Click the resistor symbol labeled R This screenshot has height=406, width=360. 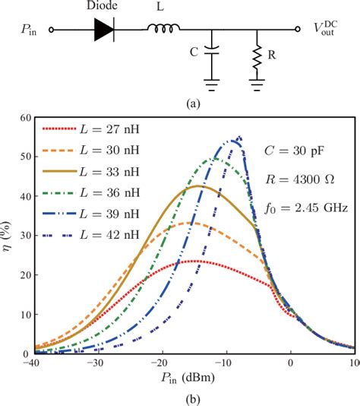(259, 55)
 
